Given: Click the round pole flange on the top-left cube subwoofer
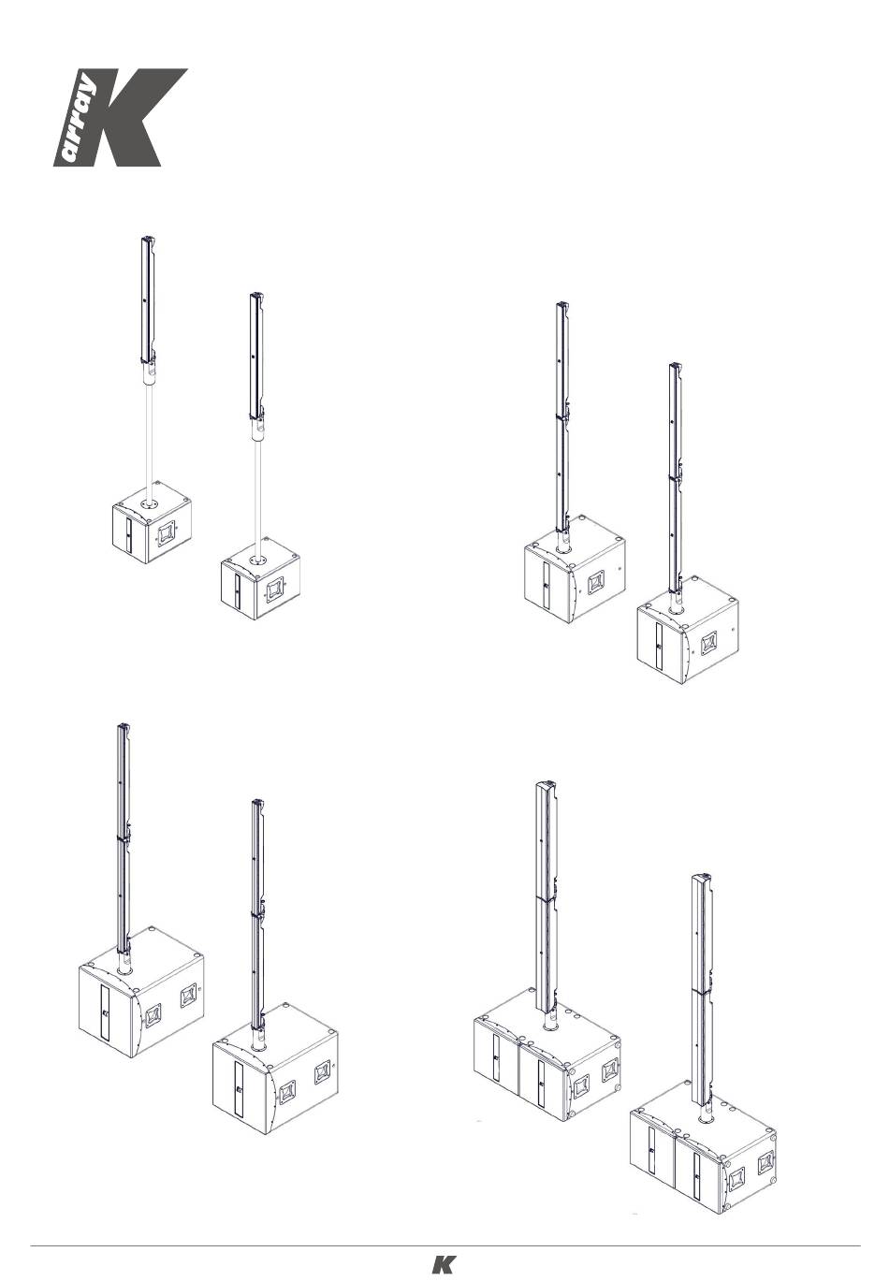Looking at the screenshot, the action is point(152,503).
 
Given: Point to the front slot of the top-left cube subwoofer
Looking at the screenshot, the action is point(129,536).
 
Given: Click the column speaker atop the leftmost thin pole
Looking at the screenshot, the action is point(148,300).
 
